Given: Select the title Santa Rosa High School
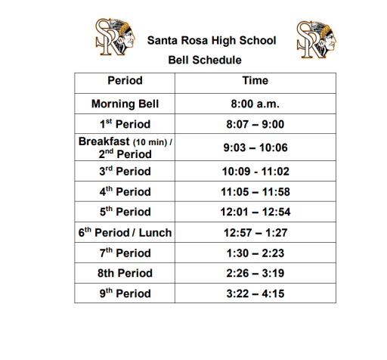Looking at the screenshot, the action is click(x=212, y=40).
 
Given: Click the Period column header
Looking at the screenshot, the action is click(x=125, y=81).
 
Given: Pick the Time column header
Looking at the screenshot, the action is click(x=255, y=81).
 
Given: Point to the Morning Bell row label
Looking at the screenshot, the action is click(x=125, y=104).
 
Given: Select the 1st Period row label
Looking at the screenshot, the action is click(x=125, y=124).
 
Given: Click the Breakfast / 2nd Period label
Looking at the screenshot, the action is click(x=125, y=147).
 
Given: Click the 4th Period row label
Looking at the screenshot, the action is click(x=125, y=192).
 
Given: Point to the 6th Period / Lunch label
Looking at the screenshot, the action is click(x=125, y=232).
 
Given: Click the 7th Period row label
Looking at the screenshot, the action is click(x=125, y=253).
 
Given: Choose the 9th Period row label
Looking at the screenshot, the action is click(x=125, y=293).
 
